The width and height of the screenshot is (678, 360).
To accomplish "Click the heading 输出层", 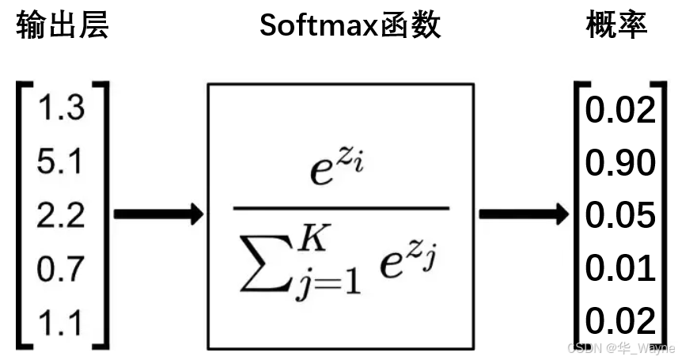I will pos(61,27).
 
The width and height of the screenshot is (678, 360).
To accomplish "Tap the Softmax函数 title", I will pos(350,27).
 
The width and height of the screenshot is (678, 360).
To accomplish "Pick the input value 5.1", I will pos(60,162).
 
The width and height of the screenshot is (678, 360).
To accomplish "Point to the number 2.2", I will pos(60,214).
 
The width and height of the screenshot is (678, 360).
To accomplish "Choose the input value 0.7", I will pos(60,268).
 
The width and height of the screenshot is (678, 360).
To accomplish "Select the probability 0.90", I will pos(620,162).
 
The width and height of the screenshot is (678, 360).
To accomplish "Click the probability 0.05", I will pos(620,215).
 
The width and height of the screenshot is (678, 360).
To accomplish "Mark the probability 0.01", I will pos(620,269).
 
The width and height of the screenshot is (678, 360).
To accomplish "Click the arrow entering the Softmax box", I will pos(158,214).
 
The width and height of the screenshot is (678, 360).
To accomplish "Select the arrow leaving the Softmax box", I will pos(523,214).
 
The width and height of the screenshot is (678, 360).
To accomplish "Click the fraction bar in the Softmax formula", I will pos(341,209).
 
